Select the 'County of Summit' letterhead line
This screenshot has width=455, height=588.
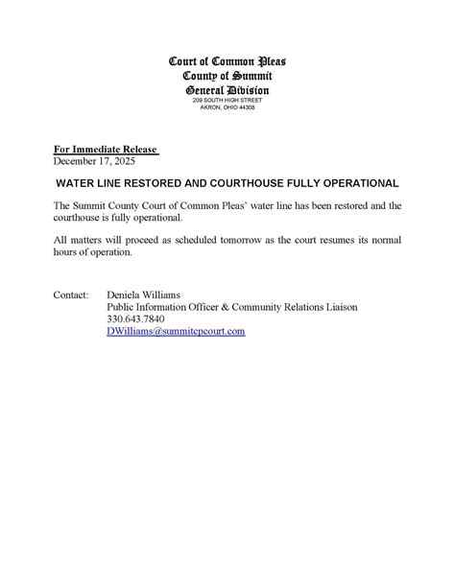[x=227, y=77]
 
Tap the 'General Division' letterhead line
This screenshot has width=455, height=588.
[x=227, y=89]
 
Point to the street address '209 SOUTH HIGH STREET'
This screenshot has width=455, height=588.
[x=227, y=100]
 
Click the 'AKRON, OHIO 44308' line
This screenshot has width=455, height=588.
[x=227, y=107]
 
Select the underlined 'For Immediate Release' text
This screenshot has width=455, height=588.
[x=106, y=150]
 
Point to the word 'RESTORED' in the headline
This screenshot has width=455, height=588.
[x=153, y=182]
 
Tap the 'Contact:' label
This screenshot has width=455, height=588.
[x=72, y=294]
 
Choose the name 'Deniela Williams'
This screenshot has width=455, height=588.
[x=147, y=294]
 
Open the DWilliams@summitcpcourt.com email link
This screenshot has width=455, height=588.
[x=176, y=331]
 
